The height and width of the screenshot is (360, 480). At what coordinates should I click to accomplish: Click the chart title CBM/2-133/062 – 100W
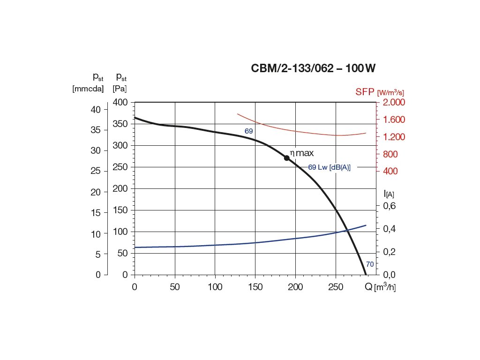tap(314, 68)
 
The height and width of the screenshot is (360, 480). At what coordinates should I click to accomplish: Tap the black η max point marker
tap(287, 158)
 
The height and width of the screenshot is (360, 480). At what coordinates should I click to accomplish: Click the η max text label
tap(301, 153)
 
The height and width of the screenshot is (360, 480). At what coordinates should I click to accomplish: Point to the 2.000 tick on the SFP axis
tap(394, 102)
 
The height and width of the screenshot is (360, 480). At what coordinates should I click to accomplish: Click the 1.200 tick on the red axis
tap(394, 137)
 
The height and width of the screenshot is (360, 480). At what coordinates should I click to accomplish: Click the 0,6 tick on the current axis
tap(390, 206)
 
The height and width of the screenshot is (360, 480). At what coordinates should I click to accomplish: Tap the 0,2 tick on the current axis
tap(390, 252)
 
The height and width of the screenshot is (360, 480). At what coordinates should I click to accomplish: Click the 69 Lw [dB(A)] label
tap(329, 167)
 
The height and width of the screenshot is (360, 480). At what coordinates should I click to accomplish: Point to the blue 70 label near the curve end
tap(370, 264)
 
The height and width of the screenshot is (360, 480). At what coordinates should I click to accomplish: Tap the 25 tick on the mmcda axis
tap(96, 171)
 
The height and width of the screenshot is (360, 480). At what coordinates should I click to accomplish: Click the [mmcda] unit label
tap(88, 88)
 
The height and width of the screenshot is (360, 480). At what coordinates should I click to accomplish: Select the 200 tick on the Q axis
tap(295, 287)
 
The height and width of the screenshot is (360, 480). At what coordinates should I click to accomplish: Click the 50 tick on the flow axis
tap(174, 287)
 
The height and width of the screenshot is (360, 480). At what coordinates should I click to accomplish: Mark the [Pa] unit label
tap(120, 88)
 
